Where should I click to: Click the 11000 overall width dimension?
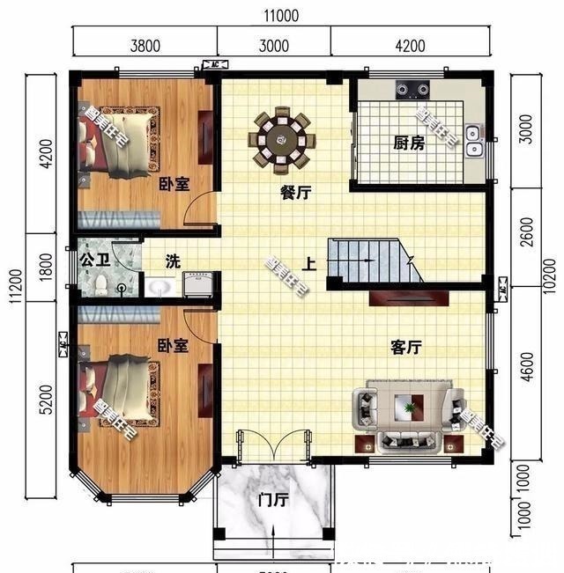click(x=280, y=15)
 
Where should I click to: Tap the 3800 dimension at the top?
click(x=145, y=47)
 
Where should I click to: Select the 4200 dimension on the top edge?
click(x=410, y=47)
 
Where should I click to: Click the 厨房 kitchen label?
click(x=409, y=143)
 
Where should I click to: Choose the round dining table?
click(x=285, y=137)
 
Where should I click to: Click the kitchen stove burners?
click(x=412, y=88)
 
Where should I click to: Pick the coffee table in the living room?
click(x=407, y=408)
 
